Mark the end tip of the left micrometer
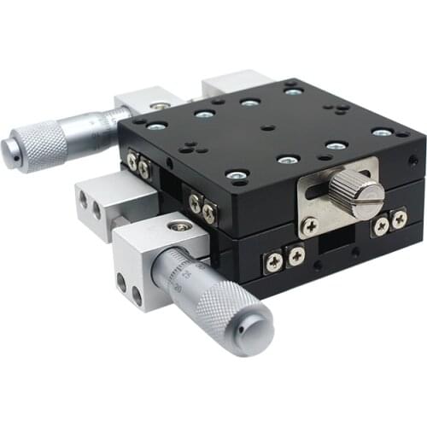click(x=8, y=150)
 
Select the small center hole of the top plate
click(x=268, y=127)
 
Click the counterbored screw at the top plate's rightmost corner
click(x=382, y=132)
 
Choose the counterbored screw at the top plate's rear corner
click(x=293, y=91)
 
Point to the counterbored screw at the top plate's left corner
click(x=157, y=126)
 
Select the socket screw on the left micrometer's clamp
click(x=157, y=107)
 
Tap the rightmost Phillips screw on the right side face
click(x=398, y=220)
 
